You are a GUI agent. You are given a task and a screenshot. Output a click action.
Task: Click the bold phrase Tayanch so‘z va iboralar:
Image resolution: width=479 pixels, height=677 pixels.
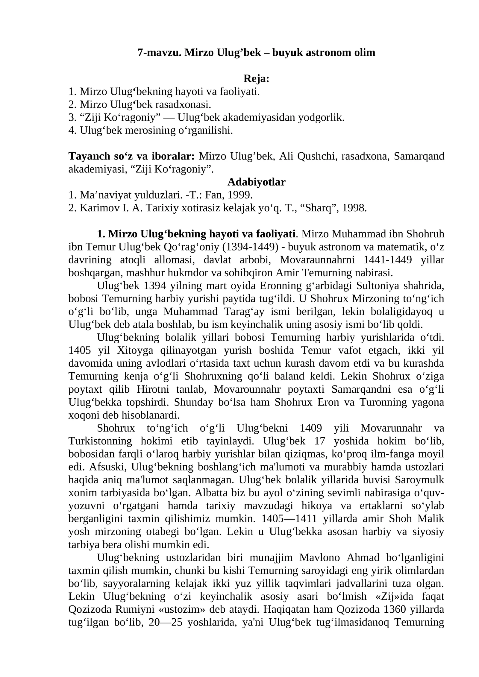[x=131, y=156]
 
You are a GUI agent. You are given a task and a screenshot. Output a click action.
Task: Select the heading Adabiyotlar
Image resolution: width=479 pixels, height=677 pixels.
[x=256, y=182]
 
